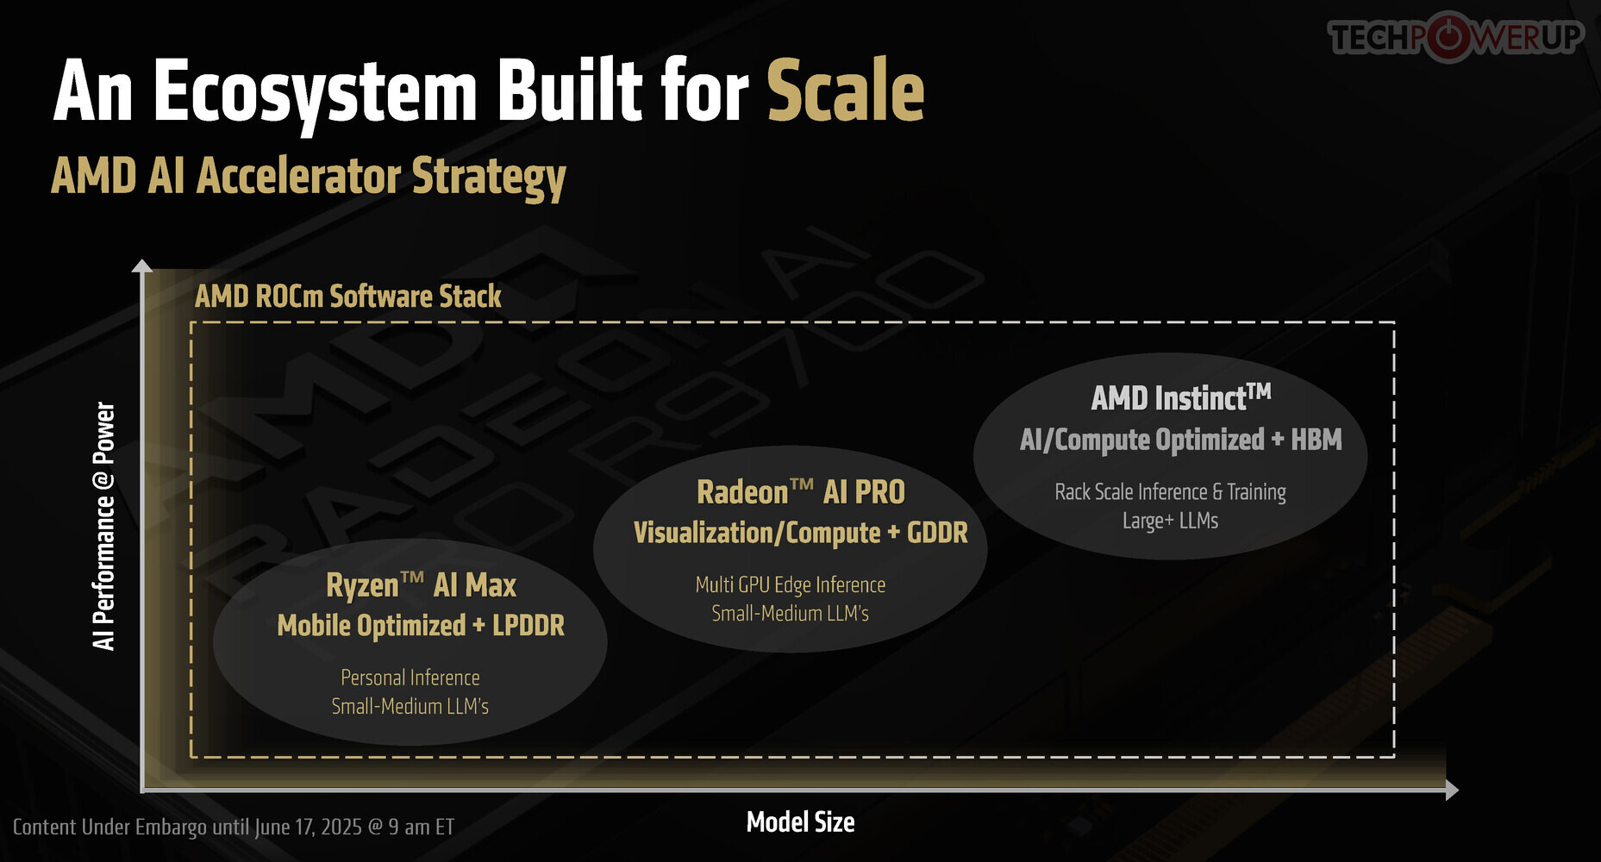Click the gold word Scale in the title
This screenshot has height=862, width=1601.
point(845,91)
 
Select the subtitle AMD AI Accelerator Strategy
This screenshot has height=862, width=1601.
point(309,178)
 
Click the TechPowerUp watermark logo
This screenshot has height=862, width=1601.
point(1456,37)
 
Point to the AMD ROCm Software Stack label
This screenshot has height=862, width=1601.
point(347,297)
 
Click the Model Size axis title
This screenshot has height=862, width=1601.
point(800,822)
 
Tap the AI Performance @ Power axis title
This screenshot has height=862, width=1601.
point(103,526)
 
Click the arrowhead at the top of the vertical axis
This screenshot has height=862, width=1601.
point(142,265)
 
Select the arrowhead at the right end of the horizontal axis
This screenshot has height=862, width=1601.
point(1452,790)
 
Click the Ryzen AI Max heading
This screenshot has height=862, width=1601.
point(421,585)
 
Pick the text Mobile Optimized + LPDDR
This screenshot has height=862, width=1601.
point(421,626)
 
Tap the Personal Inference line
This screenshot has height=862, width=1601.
point(410,678)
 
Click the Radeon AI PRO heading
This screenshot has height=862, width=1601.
point(801,492)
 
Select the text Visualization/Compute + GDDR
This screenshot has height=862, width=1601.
point(801,533)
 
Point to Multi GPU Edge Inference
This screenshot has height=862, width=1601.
point(791,585)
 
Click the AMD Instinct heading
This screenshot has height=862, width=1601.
point(1181,397)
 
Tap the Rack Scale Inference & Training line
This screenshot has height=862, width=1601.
point(1171,492)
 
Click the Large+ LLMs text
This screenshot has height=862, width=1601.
point(1171,521)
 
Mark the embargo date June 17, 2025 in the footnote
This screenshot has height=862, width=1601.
point(308,828)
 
